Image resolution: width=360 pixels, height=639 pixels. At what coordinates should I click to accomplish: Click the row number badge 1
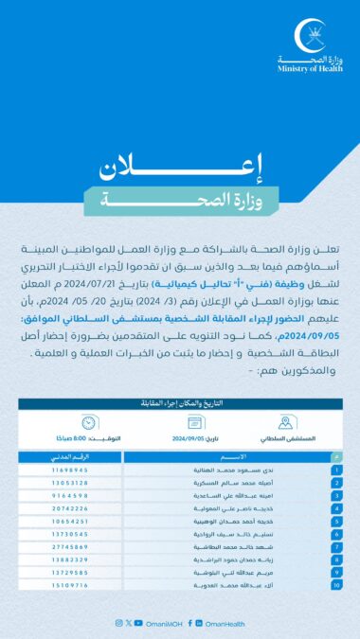click(x=336, y=470)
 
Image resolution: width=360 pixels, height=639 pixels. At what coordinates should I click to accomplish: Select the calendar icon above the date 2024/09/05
click(x=196, y=423)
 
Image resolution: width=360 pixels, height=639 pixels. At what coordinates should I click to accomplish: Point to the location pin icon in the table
click(x=285, y=423)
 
